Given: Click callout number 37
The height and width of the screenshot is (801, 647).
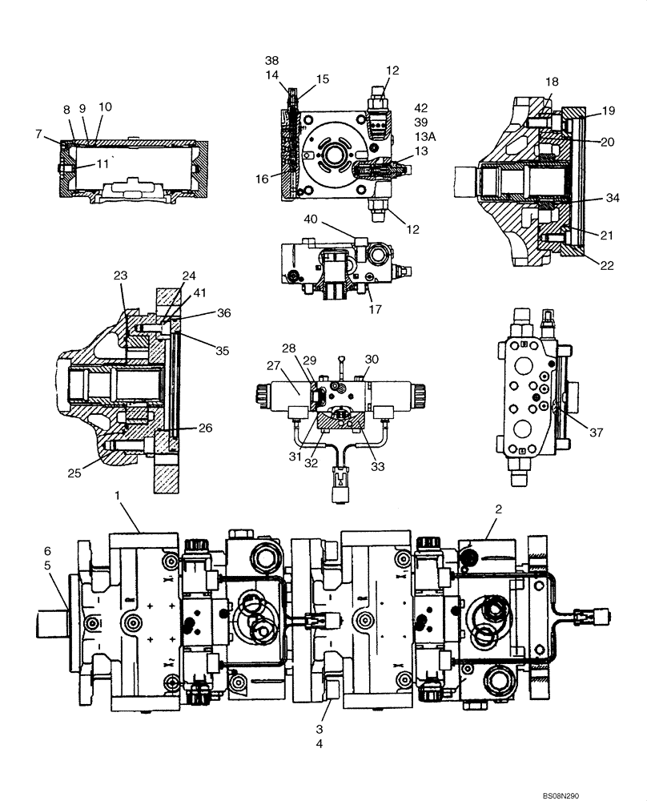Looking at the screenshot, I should [597, 433].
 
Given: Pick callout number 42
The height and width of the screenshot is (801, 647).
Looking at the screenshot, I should [422, 107].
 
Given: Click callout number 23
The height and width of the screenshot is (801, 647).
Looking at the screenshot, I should [119, 275].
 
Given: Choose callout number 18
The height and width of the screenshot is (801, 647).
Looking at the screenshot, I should [553, 82].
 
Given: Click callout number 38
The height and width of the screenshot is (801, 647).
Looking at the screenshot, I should [272, 60].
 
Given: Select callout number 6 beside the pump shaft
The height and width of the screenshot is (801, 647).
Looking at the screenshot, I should [47, 551].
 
